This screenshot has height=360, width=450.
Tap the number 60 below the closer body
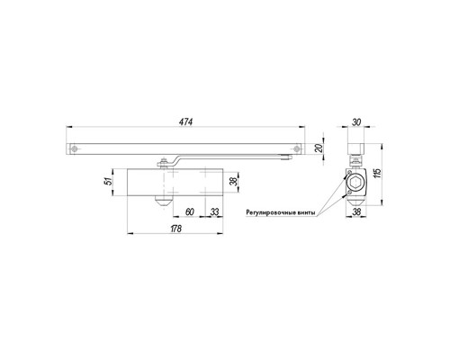tap(190, 211)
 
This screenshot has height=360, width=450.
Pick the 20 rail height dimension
tap(317, 148)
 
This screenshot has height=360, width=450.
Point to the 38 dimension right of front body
tap(232, 183)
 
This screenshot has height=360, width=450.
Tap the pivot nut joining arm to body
tap(164, 163)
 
